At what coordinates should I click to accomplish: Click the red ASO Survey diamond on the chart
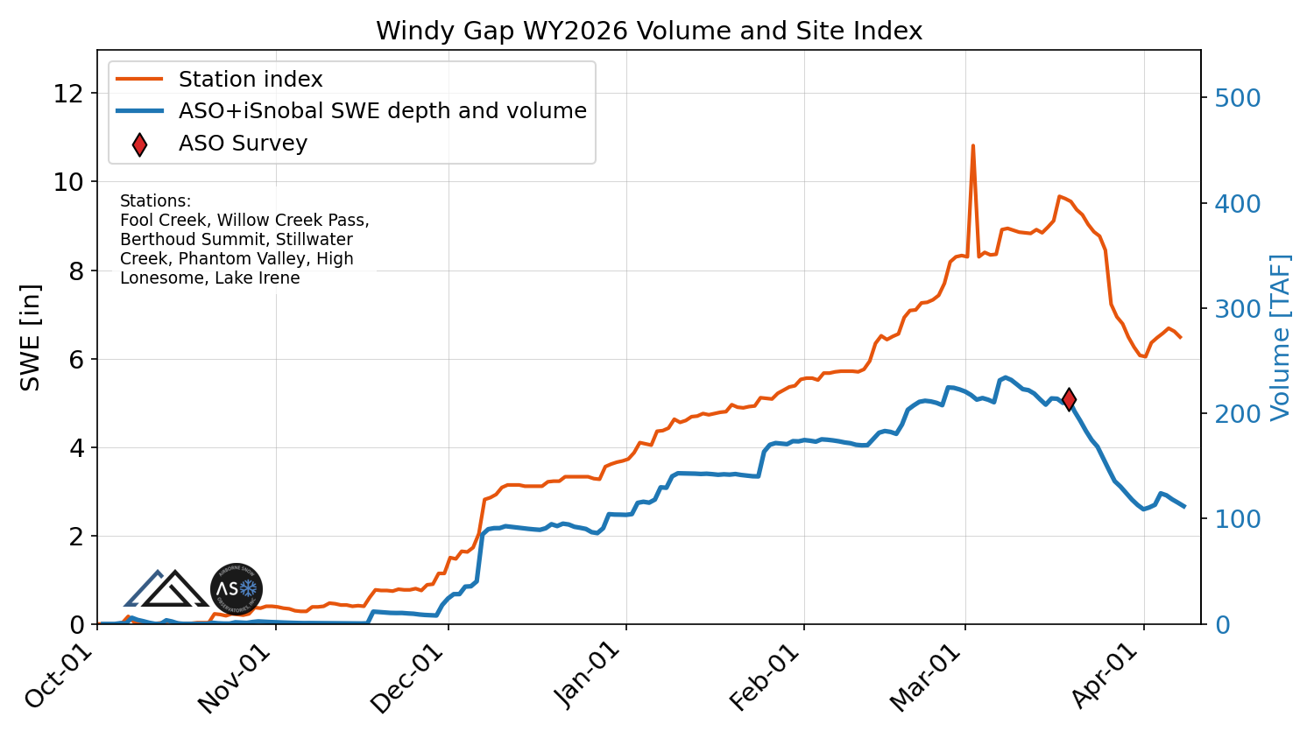point(1069,399)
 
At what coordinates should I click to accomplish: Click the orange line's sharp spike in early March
point(972,147)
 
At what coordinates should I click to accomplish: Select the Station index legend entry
point(251,80)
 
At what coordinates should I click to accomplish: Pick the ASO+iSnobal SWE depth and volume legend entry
point(382,111)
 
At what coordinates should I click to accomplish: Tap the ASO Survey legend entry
point(243,144)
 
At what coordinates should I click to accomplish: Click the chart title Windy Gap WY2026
point(648,32)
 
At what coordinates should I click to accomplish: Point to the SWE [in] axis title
point(31,337)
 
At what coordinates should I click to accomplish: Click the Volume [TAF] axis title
point(1281,337)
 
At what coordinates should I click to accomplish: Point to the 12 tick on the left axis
point(68,94)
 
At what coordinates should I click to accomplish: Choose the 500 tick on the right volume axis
point(1237,98)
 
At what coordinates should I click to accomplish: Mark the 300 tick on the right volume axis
point(1237,309)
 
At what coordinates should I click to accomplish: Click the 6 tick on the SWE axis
point(77,360)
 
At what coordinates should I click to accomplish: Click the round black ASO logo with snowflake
point(237,589)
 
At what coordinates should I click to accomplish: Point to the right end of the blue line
point(1184,506)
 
